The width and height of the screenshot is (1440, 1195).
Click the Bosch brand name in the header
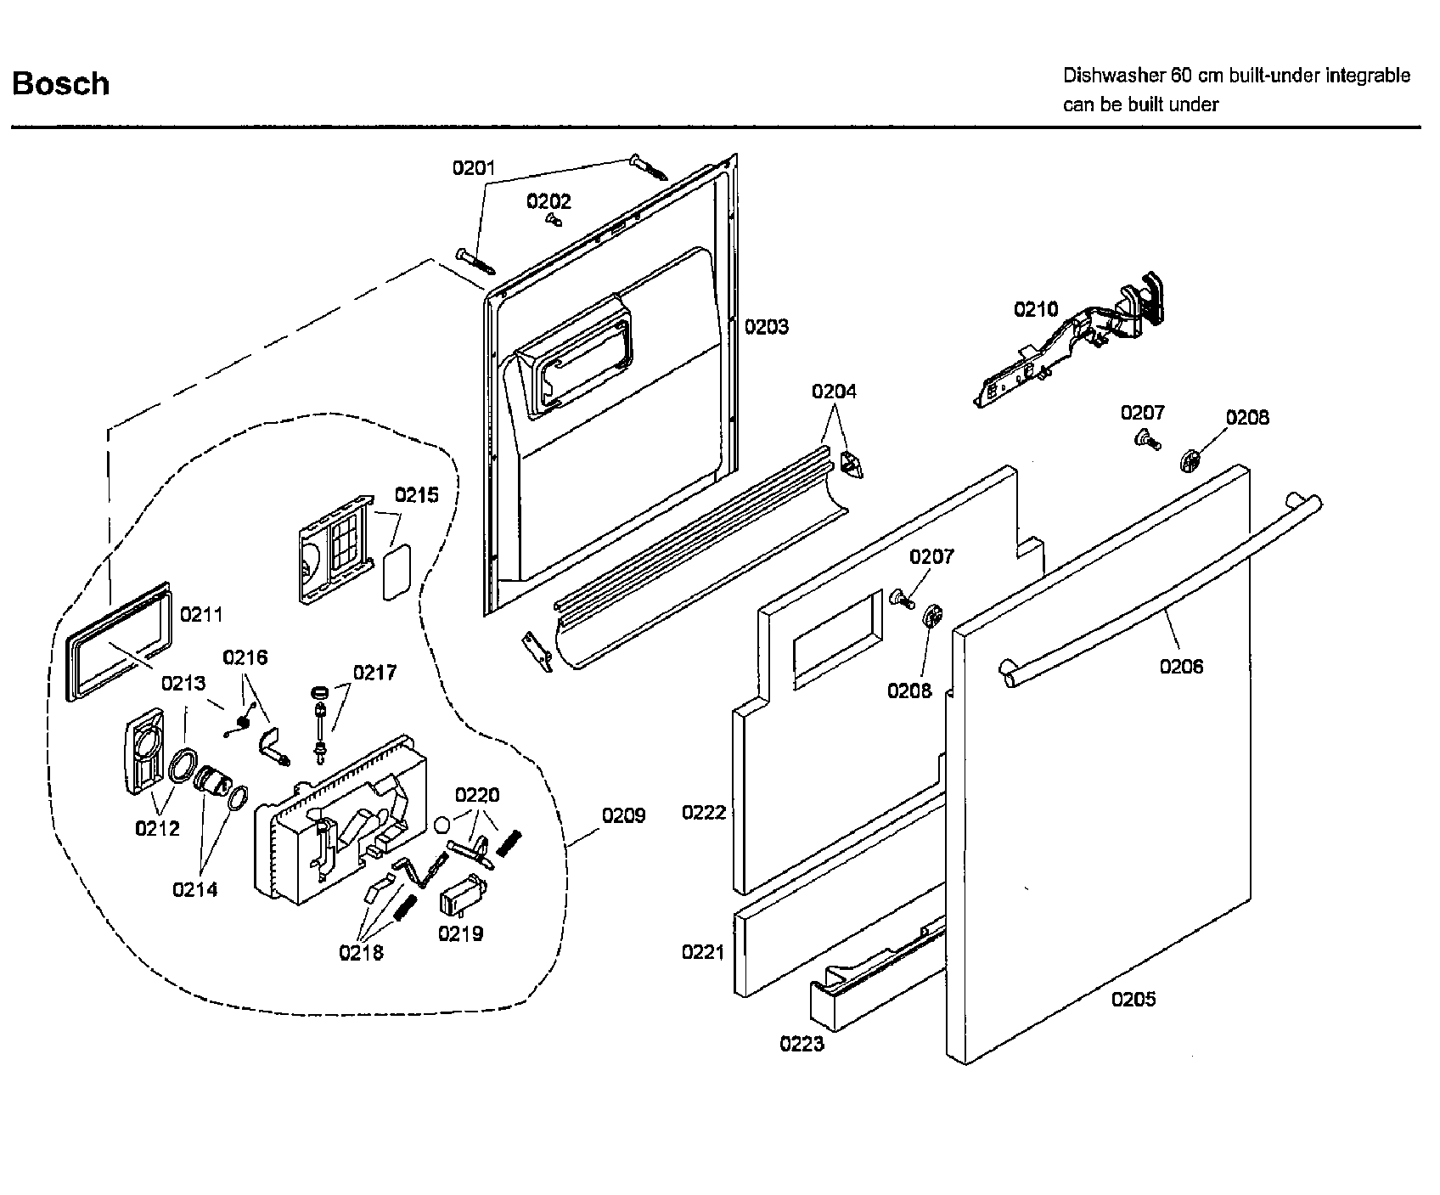tap(61, 84)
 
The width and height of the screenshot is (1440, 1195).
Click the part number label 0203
tap(766, 327)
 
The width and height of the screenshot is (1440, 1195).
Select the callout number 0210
tap(1036, 309)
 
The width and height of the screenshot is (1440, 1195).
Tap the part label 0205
tap(1133, 1000)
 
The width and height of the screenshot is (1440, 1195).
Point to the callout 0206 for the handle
tap(1181, 667)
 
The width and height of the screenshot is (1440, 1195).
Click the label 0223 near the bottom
tap(802, 1044)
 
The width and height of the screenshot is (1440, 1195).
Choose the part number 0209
tap(623, 816)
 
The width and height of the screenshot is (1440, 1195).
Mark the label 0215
tap(416, 495)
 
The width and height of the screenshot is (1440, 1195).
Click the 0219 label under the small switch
tap(460, 933)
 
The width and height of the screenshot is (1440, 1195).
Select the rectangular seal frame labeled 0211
tap(119, 641)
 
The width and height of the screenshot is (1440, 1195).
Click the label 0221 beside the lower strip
tap(703, 952)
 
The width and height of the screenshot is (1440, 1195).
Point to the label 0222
tap(703, 813)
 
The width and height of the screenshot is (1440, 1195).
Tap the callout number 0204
tap(834, 392)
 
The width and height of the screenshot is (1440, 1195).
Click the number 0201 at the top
tap(473, 168)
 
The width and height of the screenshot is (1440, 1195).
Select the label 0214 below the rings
tap(194, 889)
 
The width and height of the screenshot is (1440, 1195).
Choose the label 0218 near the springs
tap(361, 952)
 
